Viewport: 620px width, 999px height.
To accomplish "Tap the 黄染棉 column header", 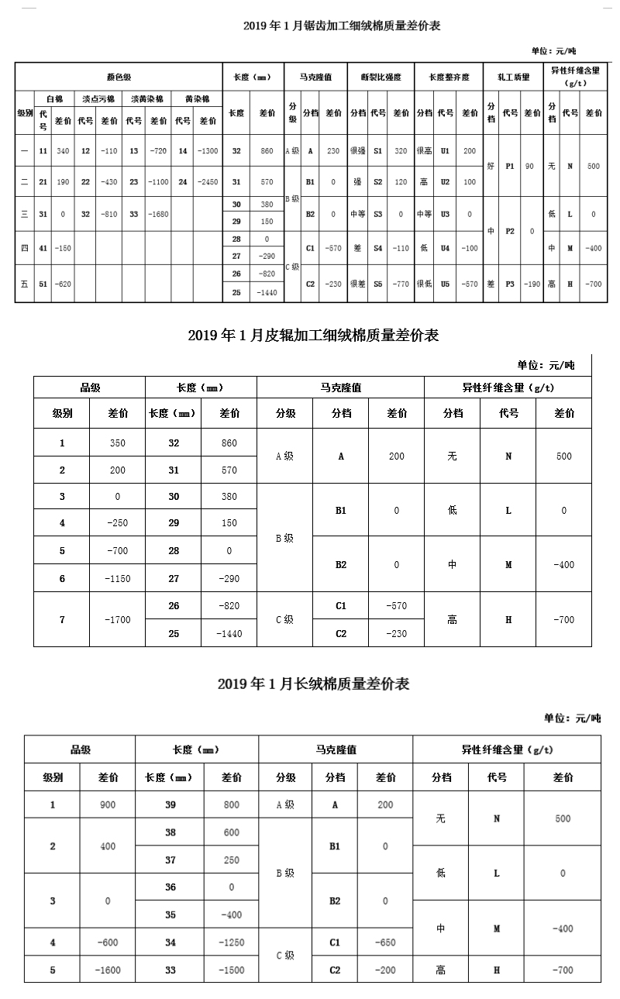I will (x=196, y=99).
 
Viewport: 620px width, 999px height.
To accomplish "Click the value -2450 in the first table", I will (x=208, y=182).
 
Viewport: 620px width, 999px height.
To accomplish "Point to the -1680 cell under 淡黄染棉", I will (x=159, y=214).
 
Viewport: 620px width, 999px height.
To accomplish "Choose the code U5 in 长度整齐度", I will (x=445, y=284).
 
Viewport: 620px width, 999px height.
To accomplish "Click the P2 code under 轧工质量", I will (x=510, y=231).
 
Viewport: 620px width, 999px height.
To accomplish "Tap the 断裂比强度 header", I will (x=381, y=78).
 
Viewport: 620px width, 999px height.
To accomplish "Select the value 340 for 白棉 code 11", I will (x=63, y=150).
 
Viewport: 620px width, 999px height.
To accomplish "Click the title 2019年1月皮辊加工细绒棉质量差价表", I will (x=313, y=336).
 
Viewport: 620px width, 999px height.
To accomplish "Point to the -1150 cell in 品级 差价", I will (x=117, y=578).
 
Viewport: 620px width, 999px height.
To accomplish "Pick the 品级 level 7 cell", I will (x=62, y=619).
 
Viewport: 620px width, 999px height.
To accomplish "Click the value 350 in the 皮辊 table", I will (x=117, y=443).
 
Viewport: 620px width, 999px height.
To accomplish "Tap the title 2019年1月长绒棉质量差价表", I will (x=313, y=684).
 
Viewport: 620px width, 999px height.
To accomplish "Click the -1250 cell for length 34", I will (x=231, y=942).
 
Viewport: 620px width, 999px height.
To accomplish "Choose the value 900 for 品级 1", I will (x=108, y=804).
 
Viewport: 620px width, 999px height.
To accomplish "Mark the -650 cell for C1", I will (x=385, y=942).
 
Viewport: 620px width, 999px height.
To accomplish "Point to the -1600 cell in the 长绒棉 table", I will (x=108, y=970).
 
